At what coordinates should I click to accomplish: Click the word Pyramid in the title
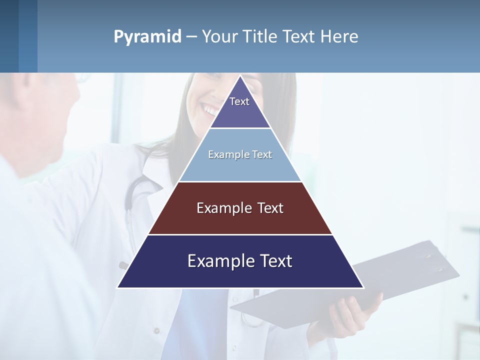point(147,36)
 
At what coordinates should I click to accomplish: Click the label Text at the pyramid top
point(239,101)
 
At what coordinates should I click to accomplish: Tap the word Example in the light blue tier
point(224,154)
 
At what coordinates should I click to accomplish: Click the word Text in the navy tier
point(274,261)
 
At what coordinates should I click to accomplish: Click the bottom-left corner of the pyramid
point(118,287)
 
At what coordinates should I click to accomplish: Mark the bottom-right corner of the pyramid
point(362,287)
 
